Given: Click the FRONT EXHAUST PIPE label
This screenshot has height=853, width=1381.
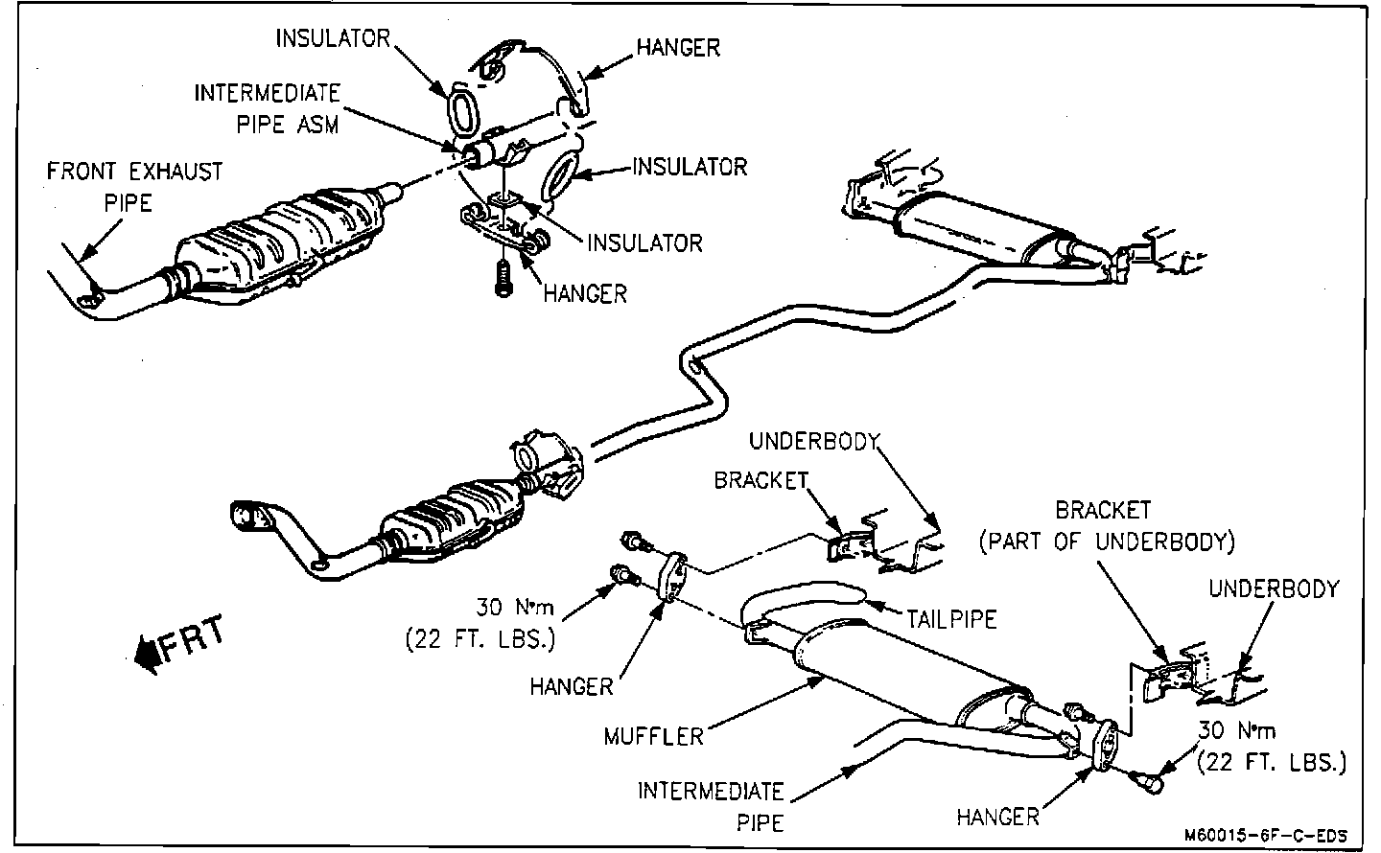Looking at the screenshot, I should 135,186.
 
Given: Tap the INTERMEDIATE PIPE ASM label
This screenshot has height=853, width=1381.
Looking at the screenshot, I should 268,108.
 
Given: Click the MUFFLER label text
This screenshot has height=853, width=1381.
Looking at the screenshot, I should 653,736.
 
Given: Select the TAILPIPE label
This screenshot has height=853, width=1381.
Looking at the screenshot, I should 951,618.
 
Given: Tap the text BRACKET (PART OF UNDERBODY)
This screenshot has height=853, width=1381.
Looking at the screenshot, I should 1106,526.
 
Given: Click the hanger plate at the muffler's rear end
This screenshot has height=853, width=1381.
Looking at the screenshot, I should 1105,744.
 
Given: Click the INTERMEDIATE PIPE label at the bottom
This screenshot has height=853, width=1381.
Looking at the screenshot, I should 711,806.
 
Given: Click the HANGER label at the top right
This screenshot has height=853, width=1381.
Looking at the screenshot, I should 678,47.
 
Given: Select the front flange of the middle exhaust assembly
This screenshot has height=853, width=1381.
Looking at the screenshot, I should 248,517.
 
